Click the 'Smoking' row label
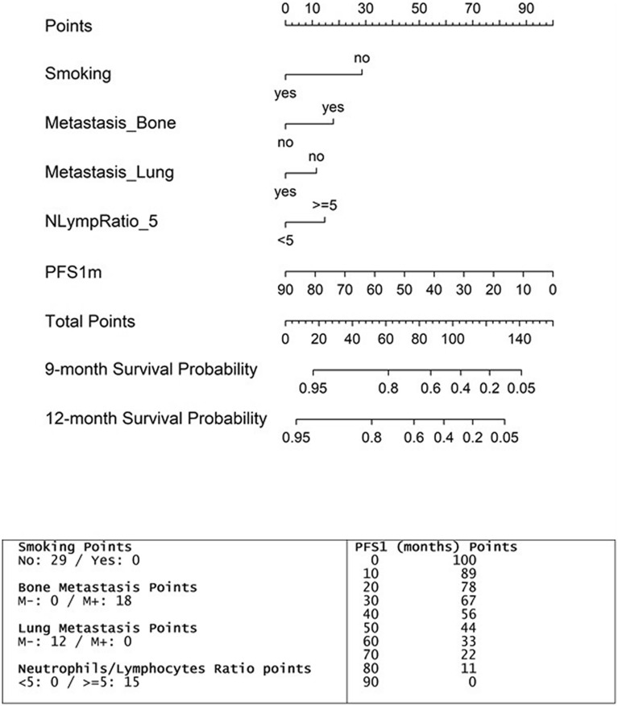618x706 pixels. tap(78, 75)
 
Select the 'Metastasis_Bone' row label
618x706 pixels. tap(110, 124)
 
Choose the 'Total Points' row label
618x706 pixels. tap(90, 321)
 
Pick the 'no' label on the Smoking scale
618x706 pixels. tap(362, 58)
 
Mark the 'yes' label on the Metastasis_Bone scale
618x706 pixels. tap(333, 107)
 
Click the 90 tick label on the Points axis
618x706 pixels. tap(526, 8)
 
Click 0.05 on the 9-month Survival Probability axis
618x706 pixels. tap(522, 388)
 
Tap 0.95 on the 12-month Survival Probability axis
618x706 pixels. tap(297, 437)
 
